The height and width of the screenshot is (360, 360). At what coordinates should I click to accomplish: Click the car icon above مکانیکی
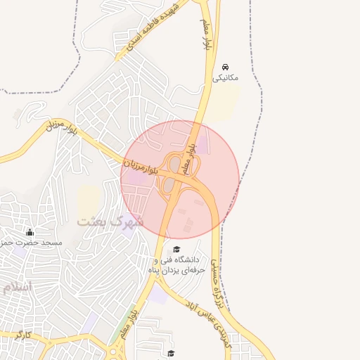pyautogui.click(x=225, y=67)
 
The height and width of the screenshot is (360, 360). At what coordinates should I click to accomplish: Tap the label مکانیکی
pyautogui.click(x=225, y=77)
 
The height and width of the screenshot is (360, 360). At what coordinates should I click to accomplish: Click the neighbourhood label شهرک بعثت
pyautogui.click(x=110, y=221)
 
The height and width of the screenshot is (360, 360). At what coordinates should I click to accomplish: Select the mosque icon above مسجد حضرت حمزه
pyautogui.click(x=30, y=232)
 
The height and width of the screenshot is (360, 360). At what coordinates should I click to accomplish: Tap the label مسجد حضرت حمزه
pyautogui.click(x=32, y=243)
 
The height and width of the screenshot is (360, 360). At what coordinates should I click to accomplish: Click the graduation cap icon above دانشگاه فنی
pyautogui.click(x=176, y=249)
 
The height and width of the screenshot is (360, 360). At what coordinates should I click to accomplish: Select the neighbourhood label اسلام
pyautogui.click(x=17, y=287)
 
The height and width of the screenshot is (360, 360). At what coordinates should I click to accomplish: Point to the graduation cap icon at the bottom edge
pyautogui.click(x=172, y=353)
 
